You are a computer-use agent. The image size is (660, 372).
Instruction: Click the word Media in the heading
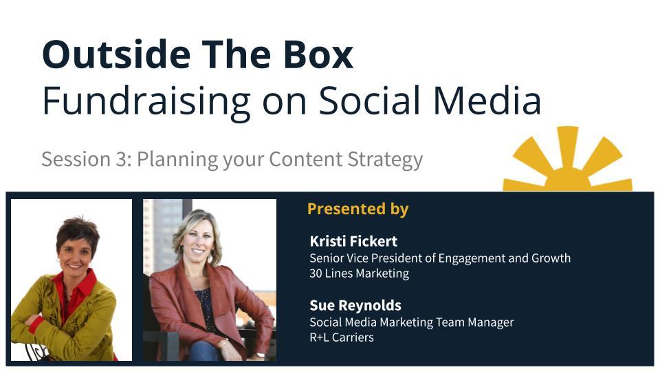[487, 101]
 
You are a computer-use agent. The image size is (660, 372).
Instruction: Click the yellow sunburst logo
[567, 159]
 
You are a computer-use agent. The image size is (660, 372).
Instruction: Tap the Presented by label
[357, 209]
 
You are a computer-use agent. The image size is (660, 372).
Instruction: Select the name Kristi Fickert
[353, 241]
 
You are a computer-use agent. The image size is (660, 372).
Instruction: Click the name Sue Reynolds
[355, 305]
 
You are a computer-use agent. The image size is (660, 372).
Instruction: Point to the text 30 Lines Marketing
[360, 273]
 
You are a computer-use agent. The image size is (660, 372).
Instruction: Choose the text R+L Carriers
[342, 338]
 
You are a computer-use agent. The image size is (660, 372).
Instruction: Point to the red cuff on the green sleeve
[36, 324]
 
